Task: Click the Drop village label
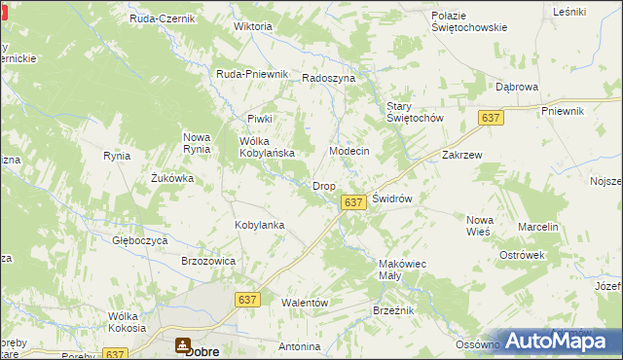tap(324, 186)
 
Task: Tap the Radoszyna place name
tap(329, 78)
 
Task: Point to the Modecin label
tap(349, 152)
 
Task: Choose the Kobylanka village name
tap(259, 225)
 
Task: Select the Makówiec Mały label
tap(402, 270)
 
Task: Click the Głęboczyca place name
tap(141, 240)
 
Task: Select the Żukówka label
tap(172, 178)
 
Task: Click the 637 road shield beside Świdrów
tap(353, 202)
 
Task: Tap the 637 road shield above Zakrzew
tap(491, 118)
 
